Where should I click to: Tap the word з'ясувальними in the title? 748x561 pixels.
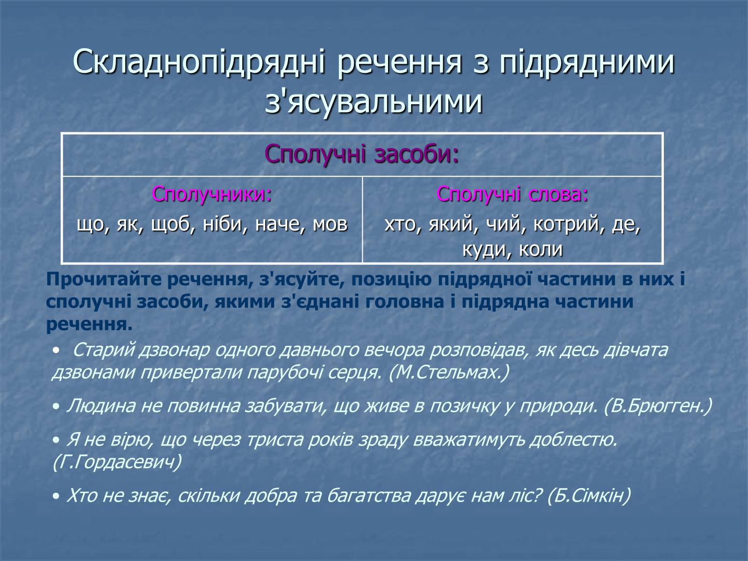coord(374,101)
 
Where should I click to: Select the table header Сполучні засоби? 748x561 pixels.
coord(362,155)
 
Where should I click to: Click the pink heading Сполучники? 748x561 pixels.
coord(212,194)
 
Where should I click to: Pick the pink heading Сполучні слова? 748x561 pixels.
coord(512,194)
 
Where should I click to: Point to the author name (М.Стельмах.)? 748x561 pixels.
coord(449,373)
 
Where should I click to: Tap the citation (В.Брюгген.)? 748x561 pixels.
coord(658,406)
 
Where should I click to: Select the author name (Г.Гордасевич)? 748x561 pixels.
coord(117,462)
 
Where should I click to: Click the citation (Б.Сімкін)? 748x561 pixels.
coord(589,496)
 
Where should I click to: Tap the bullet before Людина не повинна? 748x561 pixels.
coord(56,407)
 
